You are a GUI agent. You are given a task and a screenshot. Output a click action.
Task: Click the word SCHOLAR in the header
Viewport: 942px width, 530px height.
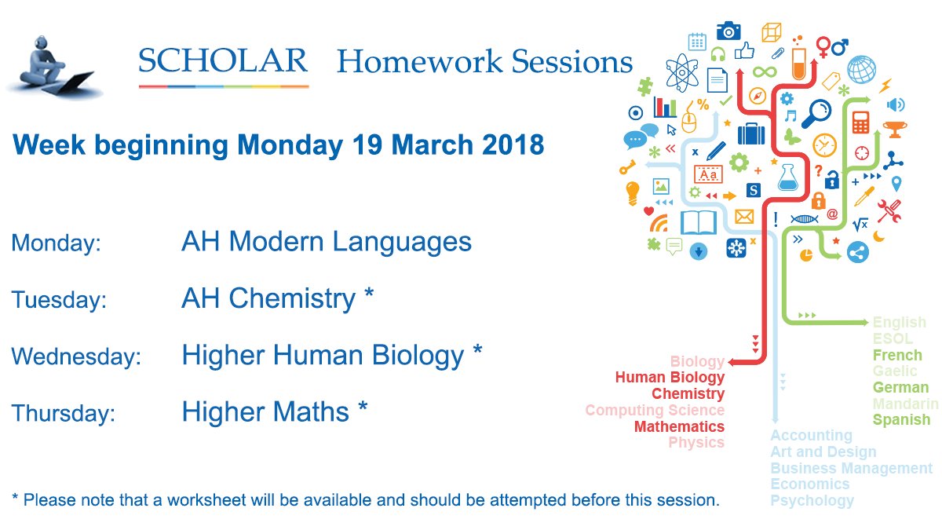(223, 61)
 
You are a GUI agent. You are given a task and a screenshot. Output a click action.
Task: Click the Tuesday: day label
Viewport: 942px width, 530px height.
(59, 300)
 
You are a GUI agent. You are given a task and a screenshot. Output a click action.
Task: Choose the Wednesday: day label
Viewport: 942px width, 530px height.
(76, 356)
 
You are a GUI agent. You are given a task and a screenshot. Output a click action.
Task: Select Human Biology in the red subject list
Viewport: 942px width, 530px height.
(670, 378)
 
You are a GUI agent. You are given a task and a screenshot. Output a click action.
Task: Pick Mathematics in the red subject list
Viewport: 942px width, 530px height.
(679, 426)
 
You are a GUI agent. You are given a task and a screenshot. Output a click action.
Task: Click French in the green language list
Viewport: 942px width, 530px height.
(897, 355)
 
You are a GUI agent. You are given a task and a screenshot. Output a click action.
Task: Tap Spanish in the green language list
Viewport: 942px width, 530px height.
(901, 419)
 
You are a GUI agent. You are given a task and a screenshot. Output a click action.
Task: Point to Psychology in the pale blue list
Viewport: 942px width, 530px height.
(812, 500)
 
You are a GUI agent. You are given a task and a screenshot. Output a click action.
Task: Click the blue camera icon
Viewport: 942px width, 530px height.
(728, 31)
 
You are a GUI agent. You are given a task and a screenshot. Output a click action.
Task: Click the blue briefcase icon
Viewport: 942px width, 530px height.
(750, 133)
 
